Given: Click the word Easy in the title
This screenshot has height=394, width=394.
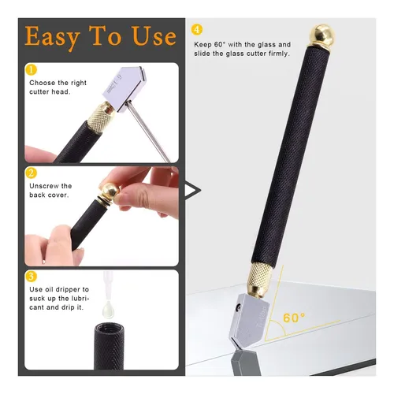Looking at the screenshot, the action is click(52, 37).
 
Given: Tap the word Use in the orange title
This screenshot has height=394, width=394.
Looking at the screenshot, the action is click(154, 35).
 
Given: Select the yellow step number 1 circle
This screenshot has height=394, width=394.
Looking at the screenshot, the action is click(31, 70).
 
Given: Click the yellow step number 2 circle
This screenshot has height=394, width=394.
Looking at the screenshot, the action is click(31, 173).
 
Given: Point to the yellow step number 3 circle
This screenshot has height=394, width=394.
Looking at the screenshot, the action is click(31, 277).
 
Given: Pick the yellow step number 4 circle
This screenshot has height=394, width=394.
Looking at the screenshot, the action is click(197, 30).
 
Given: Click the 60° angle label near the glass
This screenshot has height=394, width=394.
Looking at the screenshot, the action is click(294, 318).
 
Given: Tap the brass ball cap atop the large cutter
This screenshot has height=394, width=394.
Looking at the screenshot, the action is click(322, 36).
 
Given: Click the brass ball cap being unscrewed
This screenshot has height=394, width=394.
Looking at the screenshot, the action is click(109, 191).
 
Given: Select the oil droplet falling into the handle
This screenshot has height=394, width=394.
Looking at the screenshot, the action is click(108, 309).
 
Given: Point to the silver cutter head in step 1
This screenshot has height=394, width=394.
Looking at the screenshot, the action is click(125, 89).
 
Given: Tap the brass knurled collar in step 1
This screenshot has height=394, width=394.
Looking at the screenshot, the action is click(101, 117).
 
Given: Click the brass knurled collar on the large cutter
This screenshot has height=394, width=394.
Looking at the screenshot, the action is click(258, 281).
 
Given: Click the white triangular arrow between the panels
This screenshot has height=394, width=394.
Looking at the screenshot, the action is click(193, 190).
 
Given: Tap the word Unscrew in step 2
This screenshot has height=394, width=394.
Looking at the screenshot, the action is click(44, 186).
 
